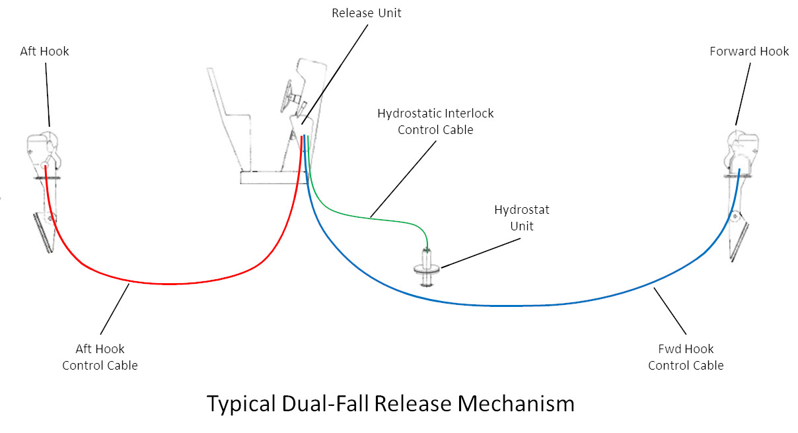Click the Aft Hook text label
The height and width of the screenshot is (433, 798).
pos(44,51)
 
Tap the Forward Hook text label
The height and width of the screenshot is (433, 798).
pos(749,51)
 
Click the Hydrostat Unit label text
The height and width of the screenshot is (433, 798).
pos(522,218)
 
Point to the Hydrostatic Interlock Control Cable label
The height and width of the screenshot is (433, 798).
pos(435,121)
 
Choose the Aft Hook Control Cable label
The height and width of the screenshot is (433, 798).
pos(100,357)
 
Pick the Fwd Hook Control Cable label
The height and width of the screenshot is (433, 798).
pos(686,357)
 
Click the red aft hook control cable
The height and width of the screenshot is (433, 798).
pos(172,284)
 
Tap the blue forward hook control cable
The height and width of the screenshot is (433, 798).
pos(502,306)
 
